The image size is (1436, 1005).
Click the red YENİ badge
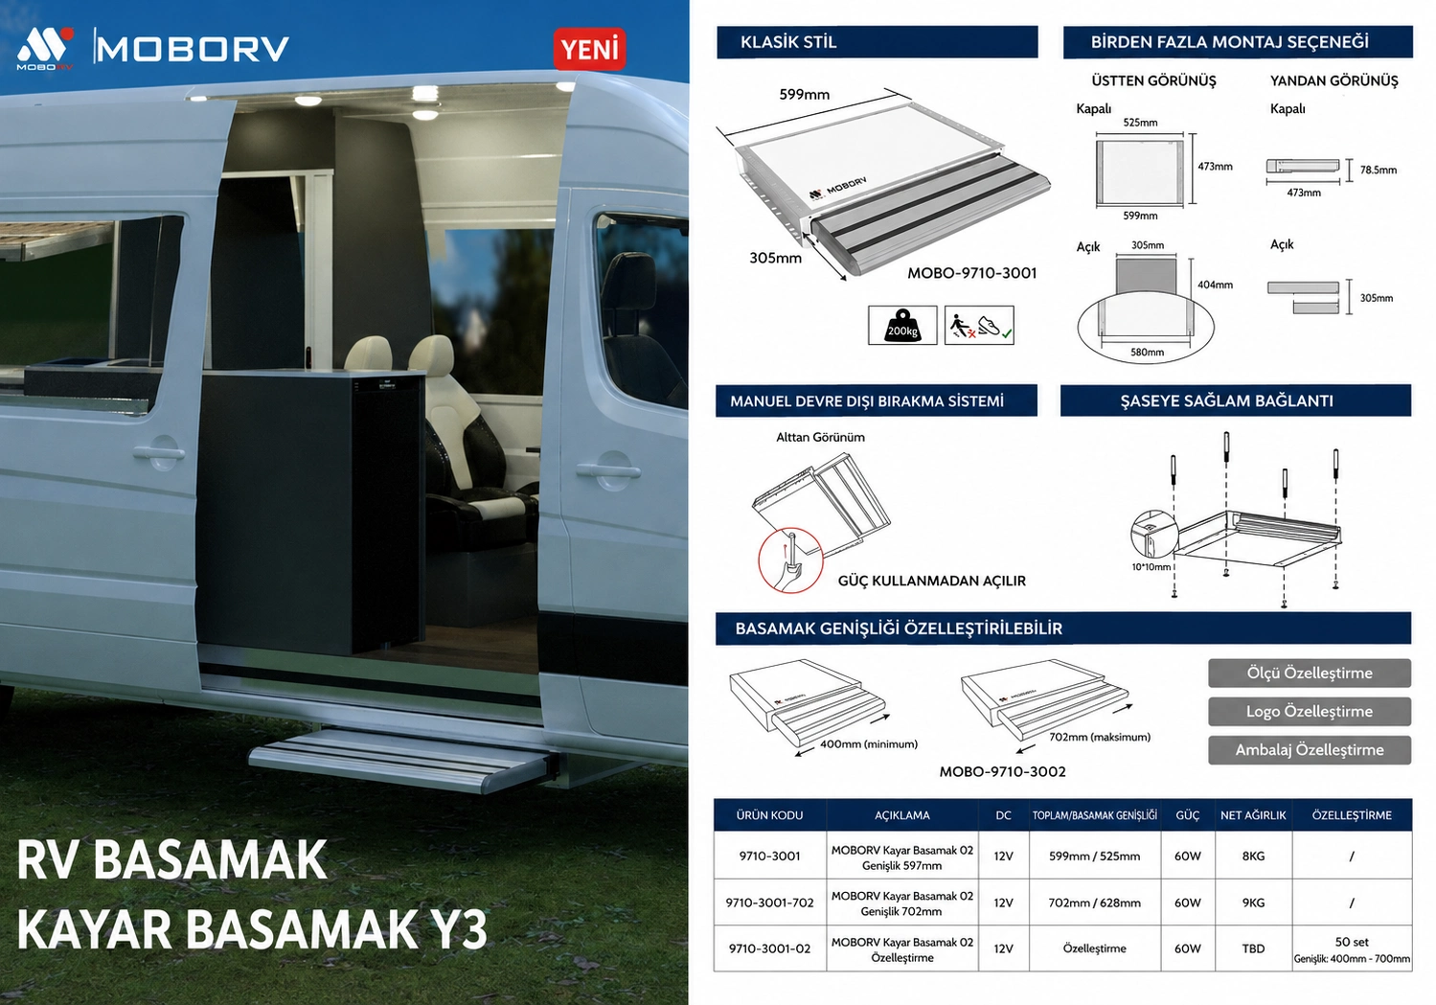click(x=589, y=49)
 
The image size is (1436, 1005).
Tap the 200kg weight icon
click(x=902, y=325)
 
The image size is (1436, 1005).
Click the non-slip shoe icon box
click(x=979, y=325)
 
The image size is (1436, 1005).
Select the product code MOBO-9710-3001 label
click(x=972, y=273)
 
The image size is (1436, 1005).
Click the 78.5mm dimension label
click(x=1379, y=170)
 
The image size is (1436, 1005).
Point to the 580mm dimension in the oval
click(x=1147, y=352)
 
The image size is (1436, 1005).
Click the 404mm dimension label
click(x=1215, y=285)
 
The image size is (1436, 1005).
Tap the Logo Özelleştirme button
click(x=1309, y=712)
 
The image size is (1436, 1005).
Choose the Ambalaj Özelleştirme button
click(x=1309, y=750)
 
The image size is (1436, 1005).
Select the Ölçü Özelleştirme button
click(x=1309, y=673)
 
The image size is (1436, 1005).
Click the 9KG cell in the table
click(x=1253, y=902)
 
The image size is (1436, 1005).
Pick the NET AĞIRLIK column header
click(x=1253, y=815)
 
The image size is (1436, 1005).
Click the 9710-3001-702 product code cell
click(x=769, y=902)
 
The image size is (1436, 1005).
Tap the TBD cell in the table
click(x=1253, y=948)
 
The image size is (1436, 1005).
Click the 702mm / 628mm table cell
click(x=1094, y=902)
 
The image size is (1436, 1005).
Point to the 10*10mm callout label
click(x=1151, y=567)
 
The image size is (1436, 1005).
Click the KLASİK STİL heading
click(x=788, y=42)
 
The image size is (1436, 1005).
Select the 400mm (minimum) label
click(x=869, y=744)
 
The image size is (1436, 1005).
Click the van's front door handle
click(x=607, y=471)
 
